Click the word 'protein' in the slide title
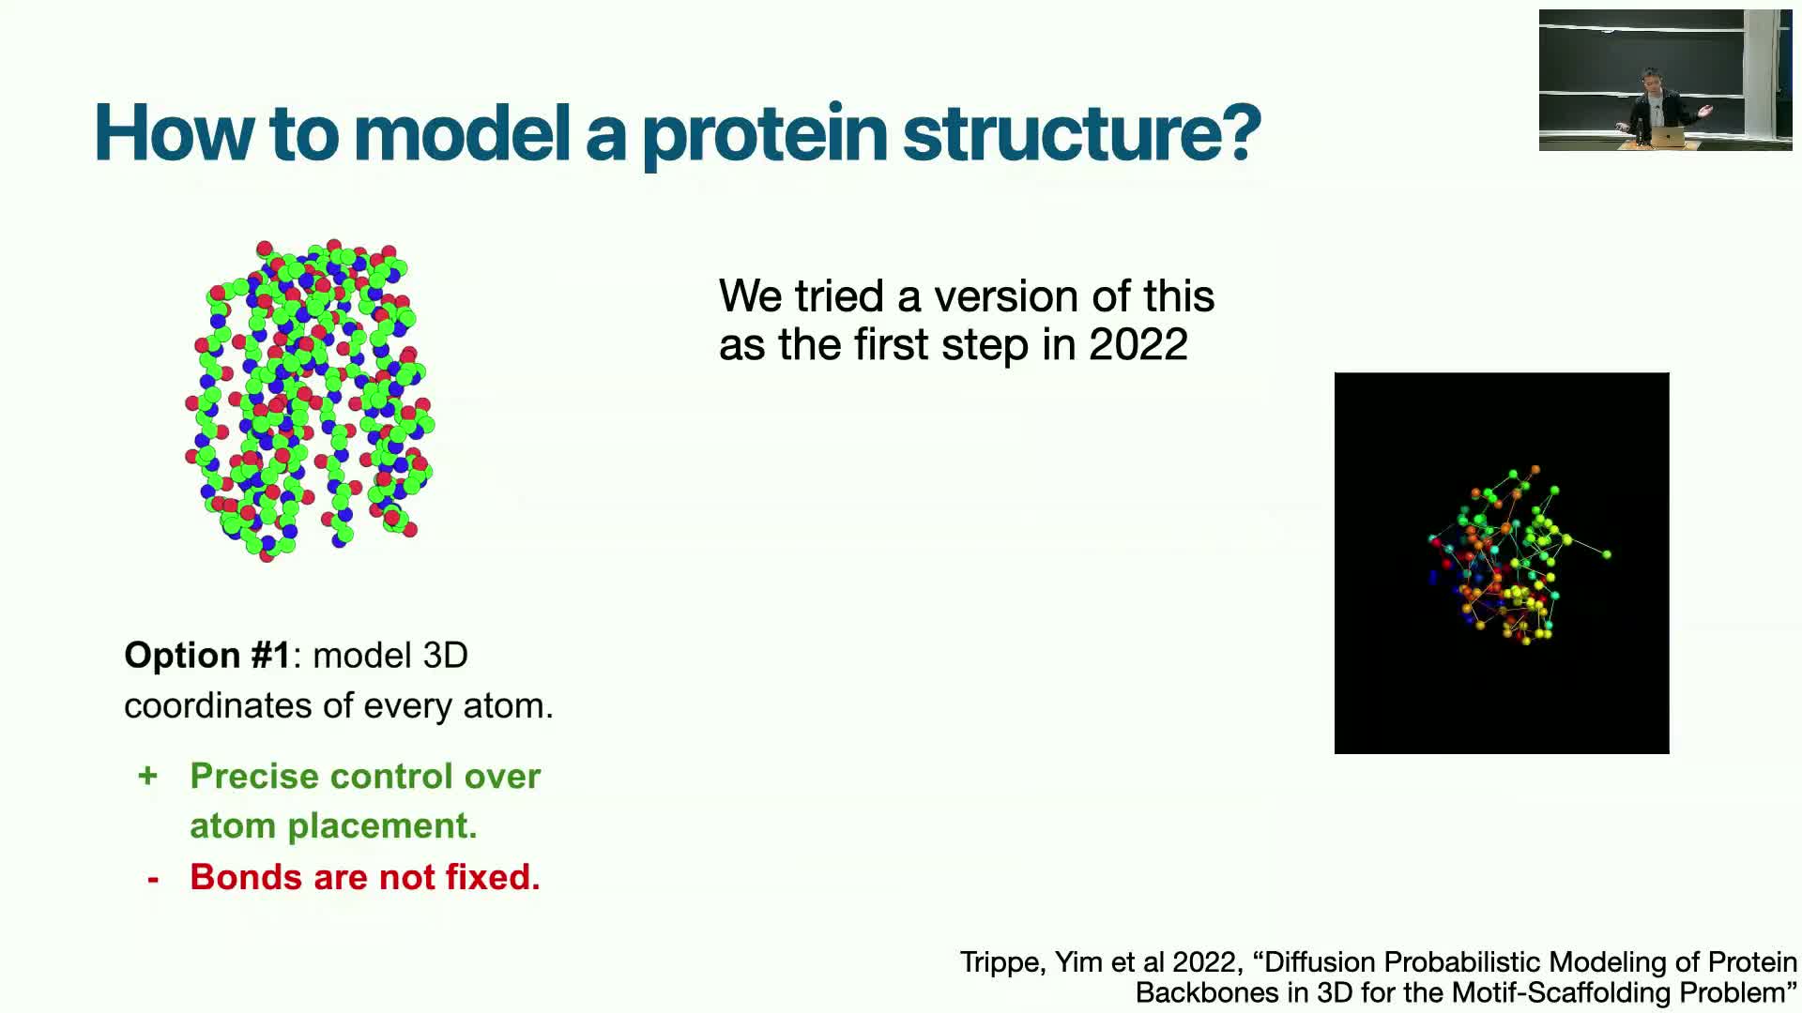(x=764, y=136)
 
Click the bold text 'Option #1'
(x=207, y=655)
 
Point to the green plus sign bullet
(x=147, y=776)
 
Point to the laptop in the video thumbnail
(x=1667, y=137)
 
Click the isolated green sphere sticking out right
(x=1607, y=554)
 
